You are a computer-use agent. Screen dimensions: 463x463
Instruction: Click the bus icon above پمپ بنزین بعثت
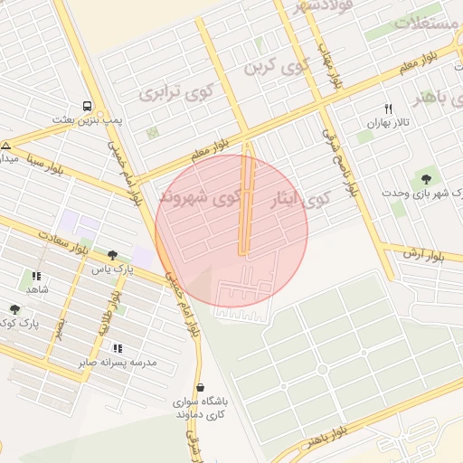[x=86, y=105]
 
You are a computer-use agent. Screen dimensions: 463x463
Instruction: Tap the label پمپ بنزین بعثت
[x=87, y=119]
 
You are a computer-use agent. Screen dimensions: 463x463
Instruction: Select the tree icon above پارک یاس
[x=112, y=256]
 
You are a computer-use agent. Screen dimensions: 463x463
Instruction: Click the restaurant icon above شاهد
[x=36, y=276]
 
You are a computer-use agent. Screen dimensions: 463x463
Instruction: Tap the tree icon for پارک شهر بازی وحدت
[x=426, y=178]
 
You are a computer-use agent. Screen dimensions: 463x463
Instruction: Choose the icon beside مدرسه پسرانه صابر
[x=118, y=348]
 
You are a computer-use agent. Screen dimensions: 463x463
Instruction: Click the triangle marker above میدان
[x=6, y=146]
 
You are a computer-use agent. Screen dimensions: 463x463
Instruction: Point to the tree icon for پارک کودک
[x=15, y=310]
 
